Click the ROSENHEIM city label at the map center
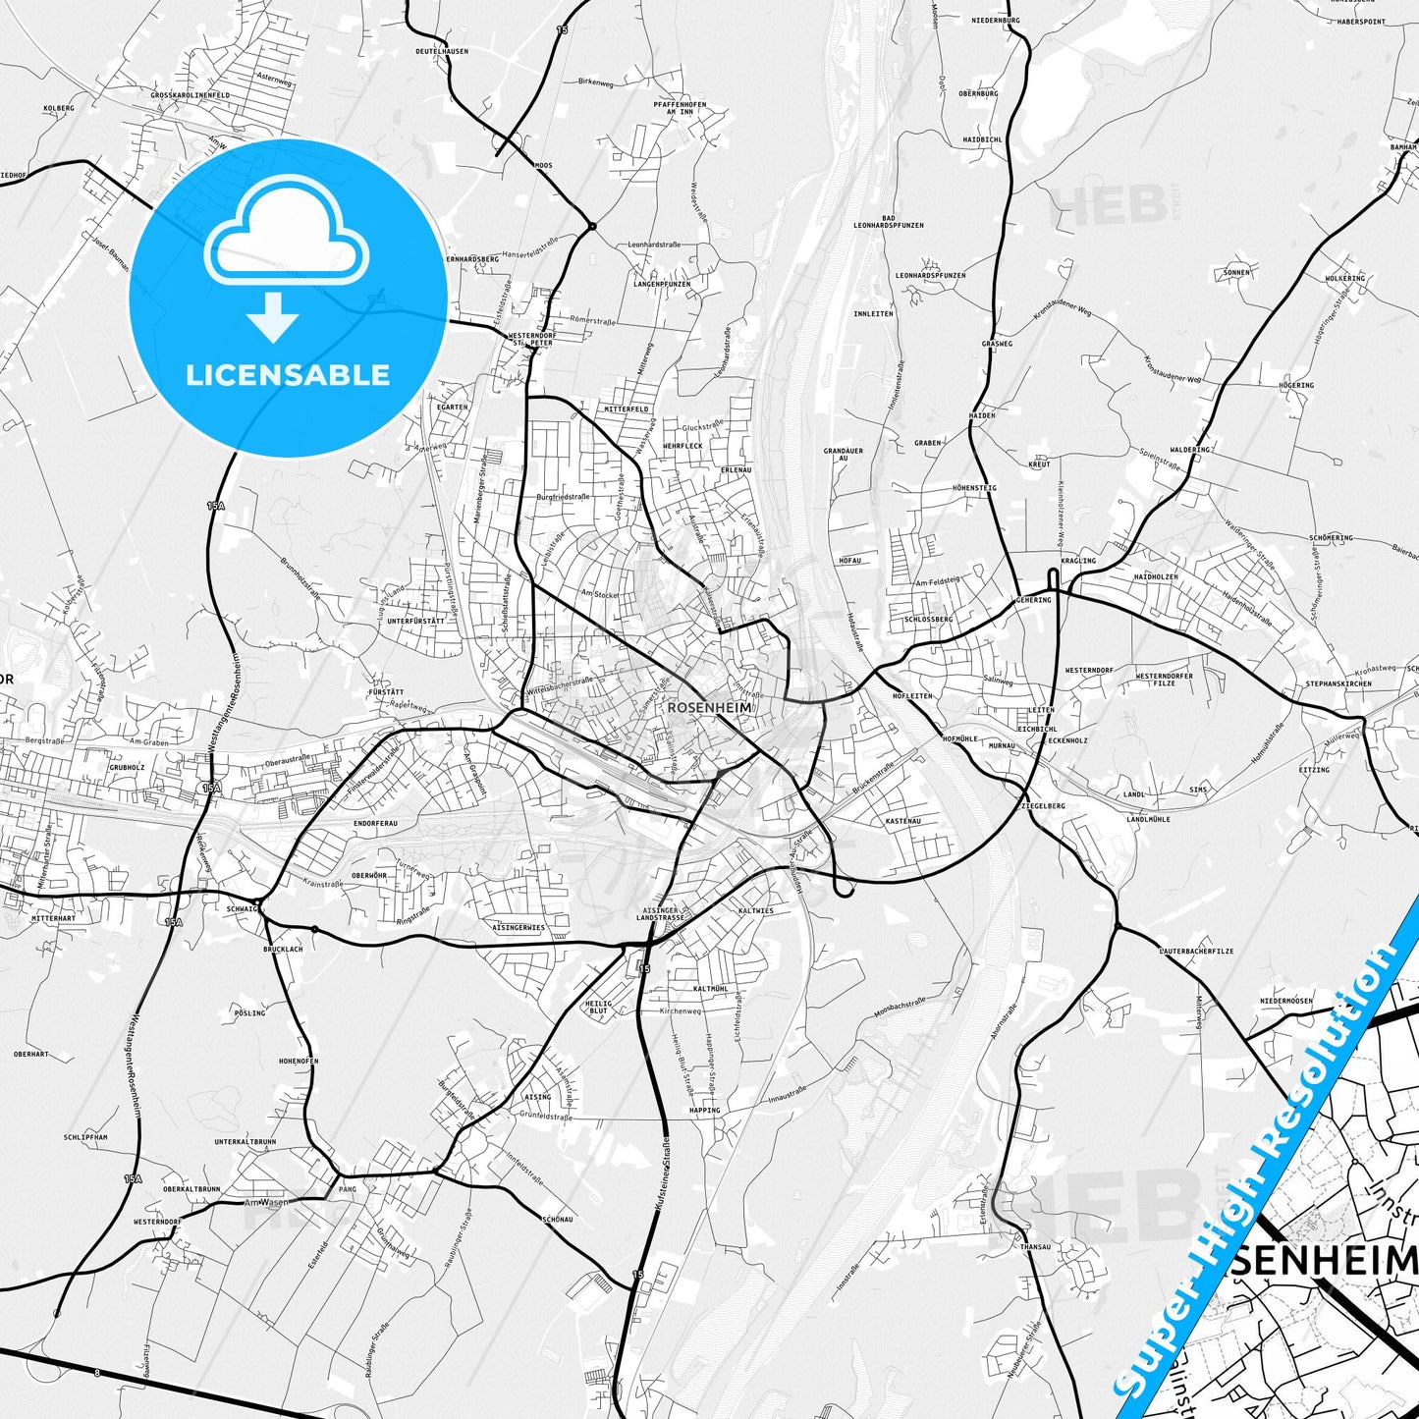click(x=709, y=707)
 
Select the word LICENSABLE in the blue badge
click(x=288, y=374)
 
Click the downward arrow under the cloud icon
click(x=273, y=316)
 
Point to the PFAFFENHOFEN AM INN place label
click(x=680, y=108)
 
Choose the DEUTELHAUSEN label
click(x=441, y=51)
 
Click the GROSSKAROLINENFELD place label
click(x=191, y=95)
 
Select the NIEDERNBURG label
click(x=995, y=20)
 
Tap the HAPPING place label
click(x=704, y=1110)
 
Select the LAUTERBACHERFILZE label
click(x=1196, y=951)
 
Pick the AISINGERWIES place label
click(x=518, y=927)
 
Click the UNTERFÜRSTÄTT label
click(x=415, y=621)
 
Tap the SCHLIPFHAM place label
click(x=85, y=1137)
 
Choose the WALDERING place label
click(x=1190, y=450)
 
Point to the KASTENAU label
click(x=902, y=820)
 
